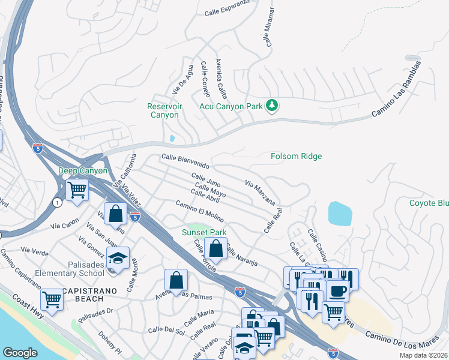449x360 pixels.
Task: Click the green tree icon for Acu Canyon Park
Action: pos(273,106)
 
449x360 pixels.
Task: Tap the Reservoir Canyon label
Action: pos(164,110)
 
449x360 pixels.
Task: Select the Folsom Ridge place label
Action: pos(296,156)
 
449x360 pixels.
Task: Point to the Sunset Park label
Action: pos(204,232)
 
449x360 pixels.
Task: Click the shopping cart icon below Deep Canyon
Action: pos(77,190)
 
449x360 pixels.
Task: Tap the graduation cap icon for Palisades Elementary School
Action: pos(119,257)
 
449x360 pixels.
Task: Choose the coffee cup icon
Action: pos(337,291)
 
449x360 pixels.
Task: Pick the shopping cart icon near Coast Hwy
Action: pos(52,299)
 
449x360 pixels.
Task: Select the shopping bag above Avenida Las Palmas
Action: pos(176,280)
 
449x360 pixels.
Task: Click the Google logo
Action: pos(20,353)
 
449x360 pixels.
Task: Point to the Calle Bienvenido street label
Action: pos(185,160)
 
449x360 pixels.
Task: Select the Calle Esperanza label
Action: pos(226,12)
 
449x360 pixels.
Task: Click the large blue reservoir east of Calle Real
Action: pos(340,214)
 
